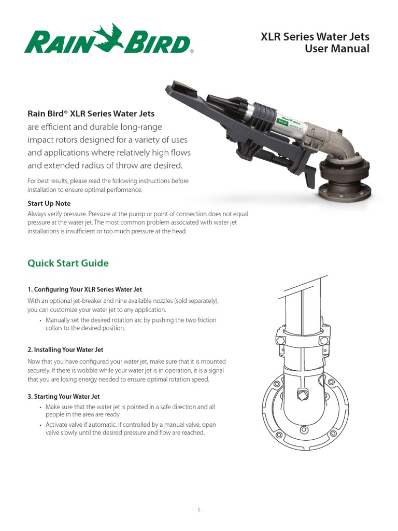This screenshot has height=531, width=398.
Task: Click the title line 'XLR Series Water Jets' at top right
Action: coord(315,37)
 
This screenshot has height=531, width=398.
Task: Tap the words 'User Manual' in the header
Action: coord(337,48)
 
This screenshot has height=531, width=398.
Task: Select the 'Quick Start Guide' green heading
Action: coord(68,263)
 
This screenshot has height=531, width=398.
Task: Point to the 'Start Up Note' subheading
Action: coord(49,203)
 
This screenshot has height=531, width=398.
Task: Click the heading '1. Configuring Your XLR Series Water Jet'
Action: coord(84,289)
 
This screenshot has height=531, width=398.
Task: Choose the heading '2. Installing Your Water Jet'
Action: coord(65,350)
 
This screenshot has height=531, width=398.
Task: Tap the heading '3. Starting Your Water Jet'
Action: coord(64,397)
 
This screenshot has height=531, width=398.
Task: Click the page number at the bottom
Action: coord(198,510)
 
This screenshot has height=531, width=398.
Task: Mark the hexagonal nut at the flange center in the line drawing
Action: coord(301,394)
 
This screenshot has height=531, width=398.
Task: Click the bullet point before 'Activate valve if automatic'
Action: coord(40,425)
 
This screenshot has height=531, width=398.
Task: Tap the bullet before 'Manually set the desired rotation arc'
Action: coord(40,320)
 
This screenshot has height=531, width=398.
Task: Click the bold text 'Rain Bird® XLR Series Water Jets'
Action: coord(91,114)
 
